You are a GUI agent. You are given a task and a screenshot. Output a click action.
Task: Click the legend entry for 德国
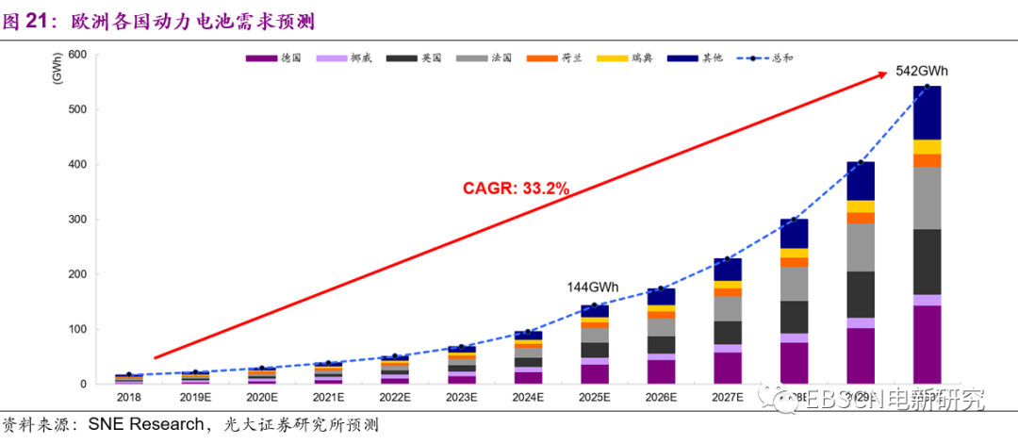pos(274,58)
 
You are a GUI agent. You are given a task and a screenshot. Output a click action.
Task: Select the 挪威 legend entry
pos(343,58)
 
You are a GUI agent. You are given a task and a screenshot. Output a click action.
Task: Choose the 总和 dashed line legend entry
pos(763,58)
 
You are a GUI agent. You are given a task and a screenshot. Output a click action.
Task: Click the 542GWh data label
pos(921,72)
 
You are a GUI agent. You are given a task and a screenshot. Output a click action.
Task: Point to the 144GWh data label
pos(593,287)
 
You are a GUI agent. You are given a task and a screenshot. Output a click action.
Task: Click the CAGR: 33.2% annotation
pos(516,189)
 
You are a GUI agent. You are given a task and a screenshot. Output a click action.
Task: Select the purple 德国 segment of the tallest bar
pos(927,344)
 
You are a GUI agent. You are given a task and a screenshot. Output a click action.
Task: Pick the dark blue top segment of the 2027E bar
pos(727,270)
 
